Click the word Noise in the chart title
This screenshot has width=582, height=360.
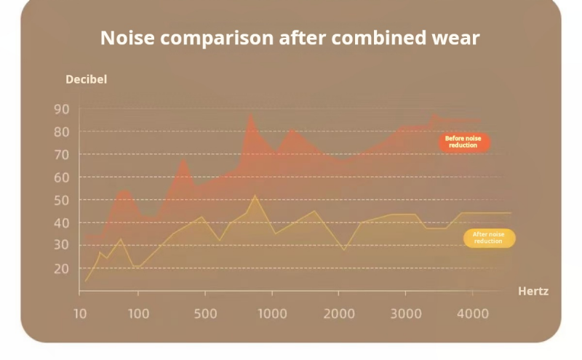[x=127, y=38]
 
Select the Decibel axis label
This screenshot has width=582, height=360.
[x=86, y=79]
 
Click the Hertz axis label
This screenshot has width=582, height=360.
[x=533, y=292]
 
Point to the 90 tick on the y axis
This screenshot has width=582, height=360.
[x=62, y=109]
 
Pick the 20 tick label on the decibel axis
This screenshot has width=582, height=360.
[x=62, y=268]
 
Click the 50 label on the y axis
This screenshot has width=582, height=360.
[x=62, y=201]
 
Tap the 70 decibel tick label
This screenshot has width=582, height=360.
[x=62, y=154]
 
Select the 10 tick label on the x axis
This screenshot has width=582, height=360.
[x=80, y=314]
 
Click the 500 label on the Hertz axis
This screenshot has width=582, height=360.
[x=205, y=314]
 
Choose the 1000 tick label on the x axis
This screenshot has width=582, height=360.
[x=272, y=314]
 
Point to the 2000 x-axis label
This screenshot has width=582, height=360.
[x=339, y=314]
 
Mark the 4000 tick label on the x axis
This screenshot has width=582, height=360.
[x=472, y=314]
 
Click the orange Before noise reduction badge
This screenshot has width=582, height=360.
[x=464, y=142]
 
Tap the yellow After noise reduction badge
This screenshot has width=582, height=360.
[x=489, y=238]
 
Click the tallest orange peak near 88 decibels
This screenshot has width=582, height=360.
[x=251, y=113]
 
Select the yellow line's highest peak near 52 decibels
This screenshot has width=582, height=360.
[x=255, y=195]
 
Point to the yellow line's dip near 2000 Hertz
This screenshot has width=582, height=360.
[x=344, y=249]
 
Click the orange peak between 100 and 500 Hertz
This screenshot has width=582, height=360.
[x=183, y=159]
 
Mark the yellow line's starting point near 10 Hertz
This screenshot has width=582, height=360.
[x=85, y=281]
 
